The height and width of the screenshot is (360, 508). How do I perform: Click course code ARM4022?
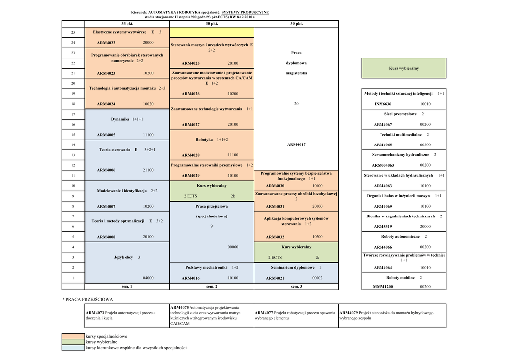(x=106, y=43)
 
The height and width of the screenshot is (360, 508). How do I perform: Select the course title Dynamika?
(x=121, y=119)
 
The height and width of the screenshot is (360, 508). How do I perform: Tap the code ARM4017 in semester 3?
(x=296, y=145)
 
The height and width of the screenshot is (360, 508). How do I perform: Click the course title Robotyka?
(x=204, y=140)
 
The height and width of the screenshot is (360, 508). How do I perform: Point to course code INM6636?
(x=382, y=104)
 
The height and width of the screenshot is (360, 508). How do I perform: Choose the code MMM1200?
(x=382, y=287)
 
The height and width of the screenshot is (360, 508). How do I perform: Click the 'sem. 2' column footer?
(x=212, y=287)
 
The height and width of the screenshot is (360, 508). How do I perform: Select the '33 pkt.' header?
(x=127, y=23)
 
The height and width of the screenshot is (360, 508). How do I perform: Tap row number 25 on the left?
(x=73, y=32)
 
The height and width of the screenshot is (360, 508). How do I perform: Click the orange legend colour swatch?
(x=73, y=336)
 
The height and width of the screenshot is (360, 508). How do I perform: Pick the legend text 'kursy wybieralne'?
(x=101, y=342)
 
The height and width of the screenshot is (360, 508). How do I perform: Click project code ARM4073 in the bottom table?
(x=95, y=313)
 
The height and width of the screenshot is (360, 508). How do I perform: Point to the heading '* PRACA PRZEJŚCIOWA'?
(x=88, y=299)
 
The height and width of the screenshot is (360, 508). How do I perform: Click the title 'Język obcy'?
(x=124, y=257)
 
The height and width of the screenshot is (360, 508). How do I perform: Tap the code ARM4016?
(x=190, y=278)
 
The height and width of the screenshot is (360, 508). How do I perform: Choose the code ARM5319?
(x=382, y=227)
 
